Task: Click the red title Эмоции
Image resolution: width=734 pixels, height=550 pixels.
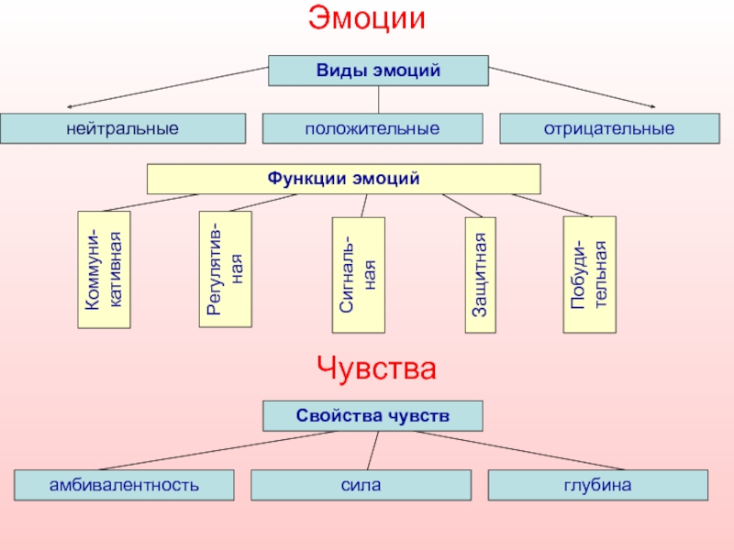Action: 366,17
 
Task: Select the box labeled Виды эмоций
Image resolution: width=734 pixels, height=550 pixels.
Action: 378,71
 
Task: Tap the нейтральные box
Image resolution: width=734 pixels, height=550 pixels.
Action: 123,128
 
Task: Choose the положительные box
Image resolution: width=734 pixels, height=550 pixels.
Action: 373,128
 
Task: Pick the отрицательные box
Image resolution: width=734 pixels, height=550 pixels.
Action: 609,128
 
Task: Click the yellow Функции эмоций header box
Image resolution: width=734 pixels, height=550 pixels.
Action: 343,179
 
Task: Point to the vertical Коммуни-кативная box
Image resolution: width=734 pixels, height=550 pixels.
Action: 104,269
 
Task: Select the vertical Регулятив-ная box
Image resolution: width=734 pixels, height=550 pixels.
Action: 225,269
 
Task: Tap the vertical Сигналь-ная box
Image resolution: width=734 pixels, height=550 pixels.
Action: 359,275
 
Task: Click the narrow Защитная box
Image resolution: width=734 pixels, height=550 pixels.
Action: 480,275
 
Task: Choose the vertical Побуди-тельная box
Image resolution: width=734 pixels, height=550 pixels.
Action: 589,274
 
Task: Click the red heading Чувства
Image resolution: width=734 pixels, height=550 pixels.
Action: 376,368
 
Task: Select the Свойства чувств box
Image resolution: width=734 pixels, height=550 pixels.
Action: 373,416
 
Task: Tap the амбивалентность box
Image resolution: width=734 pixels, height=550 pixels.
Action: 124,485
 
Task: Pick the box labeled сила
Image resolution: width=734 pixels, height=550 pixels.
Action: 361,485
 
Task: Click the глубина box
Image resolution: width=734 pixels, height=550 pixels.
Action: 598,485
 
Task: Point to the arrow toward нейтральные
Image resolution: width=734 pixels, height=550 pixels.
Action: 168,87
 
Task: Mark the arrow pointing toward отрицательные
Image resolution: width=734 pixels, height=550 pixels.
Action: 572,87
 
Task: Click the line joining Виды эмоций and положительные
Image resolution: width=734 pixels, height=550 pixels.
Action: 378,100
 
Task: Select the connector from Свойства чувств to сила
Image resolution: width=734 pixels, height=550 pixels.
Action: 373,450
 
